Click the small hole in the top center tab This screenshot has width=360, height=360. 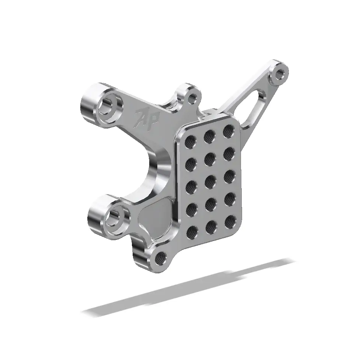point(192,98)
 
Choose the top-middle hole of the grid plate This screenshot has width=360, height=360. point(210,135)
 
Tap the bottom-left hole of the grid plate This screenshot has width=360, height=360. point(192,233)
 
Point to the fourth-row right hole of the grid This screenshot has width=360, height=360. point(229,198)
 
